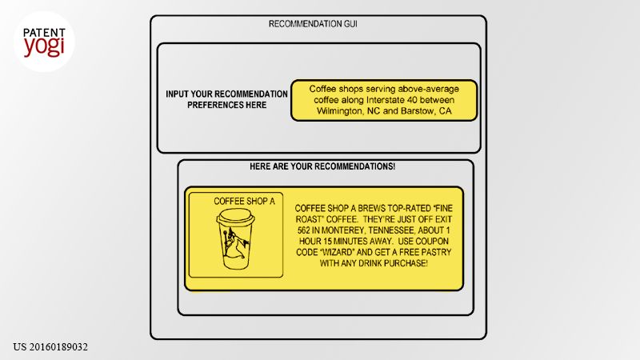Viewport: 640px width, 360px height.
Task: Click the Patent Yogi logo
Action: (x=44, y=42)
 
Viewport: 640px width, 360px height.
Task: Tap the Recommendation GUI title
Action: (x=313, y=24)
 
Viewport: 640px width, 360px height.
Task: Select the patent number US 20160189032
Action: (x=50, y=347)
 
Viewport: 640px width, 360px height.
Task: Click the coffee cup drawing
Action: (x=235, y=238)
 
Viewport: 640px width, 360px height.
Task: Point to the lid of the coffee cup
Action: (x=235, y=215)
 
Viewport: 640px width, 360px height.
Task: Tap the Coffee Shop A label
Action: (x=245, y=202)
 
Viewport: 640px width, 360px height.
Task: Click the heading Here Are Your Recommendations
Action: (x=322, y=166)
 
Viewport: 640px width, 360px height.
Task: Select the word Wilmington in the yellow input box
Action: (x=340, y=111)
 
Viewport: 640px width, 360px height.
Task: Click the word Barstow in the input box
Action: (x=417, y=111)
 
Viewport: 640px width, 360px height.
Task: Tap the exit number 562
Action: (x=304, y=230)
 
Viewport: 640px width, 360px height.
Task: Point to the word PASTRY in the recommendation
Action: (x=437, y=252)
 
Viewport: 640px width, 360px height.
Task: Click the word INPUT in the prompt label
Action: (x=177, y=94)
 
